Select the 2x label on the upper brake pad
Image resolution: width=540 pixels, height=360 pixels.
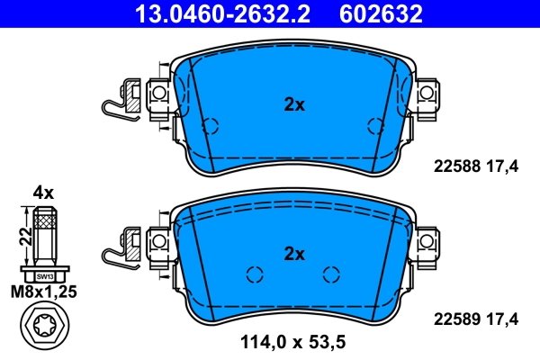(294, 105)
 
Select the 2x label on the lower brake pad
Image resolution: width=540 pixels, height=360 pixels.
(294, 253)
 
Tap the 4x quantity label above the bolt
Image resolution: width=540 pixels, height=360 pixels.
(44, 192)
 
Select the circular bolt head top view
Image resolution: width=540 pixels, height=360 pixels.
(44, 328)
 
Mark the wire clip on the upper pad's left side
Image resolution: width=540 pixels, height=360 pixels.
(115, 101)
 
